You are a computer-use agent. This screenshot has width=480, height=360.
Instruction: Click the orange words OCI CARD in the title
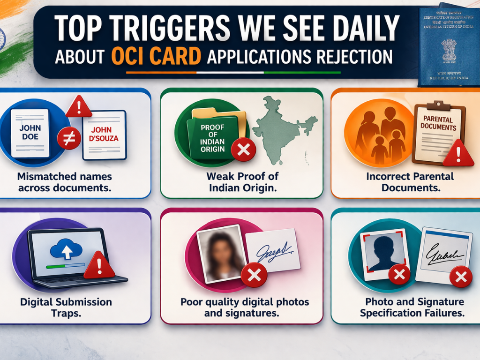pyautogui.click(x=157, y=56)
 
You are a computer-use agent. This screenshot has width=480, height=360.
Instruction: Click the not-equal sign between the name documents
pyautogui.click(x=68, y=138)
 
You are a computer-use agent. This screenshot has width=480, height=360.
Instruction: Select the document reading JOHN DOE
pyautogui.click(x=30, y=133)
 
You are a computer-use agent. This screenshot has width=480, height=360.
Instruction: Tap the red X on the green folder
pyautogui.click(x=244, y=150)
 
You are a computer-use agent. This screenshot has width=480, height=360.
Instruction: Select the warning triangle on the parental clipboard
pyautogui.click(x=458, y=154)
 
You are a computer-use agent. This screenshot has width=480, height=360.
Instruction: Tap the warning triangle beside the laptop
pyautogui.click(x=99, y=265)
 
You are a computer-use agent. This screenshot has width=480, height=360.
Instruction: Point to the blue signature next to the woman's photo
pyautogui.click(x=273, y=250)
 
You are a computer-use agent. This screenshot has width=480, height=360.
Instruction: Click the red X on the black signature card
pyautogui.click(x=460, y=277)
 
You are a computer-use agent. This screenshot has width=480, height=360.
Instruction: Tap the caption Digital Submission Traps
pyautogui.click(x=66, y=307)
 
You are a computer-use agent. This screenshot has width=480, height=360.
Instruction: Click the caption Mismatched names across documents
pyautogui.click(x=65, y=182)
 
